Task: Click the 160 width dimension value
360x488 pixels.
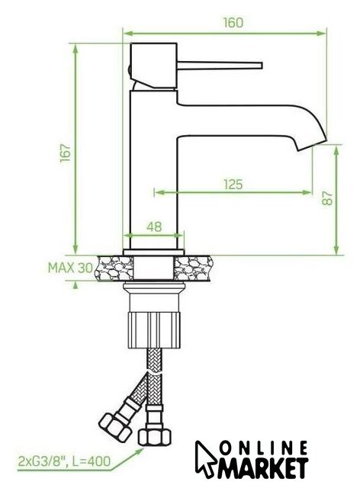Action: [233, 23]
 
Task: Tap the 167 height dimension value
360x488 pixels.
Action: [66, 152]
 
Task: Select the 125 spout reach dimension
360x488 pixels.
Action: [233, 185]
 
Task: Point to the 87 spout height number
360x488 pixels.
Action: [327, 198]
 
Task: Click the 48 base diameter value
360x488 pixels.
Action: [154, 226]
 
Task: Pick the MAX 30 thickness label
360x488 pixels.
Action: [70, 268]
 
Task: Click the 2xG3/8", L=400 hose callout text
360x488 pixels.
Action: [64, 461]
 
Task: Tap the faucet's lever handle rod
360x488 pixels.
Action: [220, 66]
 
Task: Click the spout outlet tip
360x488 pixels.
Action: [312, 145]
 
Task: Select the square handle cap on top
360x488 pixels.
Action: [154, 66]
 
